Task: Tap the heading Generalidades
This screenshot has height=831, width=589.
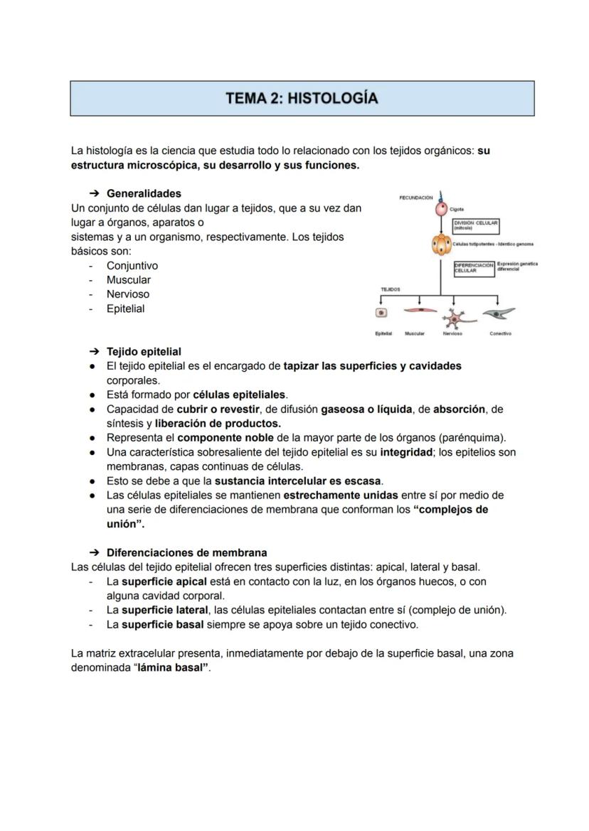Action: point(144,193)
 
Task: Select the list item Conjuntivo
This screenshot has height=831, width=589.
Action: point(132,266)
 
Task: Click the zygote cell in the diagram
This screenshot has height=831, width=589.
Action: point(441,210)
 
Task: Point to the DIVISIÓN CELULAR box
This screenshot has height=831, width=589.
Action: point(475,225)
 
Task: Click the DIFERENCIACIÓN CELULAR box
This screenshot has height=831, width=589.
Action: point(474,268)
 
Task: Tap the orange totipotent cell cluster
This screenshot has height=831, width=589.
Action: point(441,245)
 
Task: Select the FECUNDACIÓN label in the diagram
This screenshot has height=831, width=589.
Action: point(416,198)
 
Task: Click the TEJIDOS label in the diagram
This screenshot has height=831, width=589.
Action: point(391,289)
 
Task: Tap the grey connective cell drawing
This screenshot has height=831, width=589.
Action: point(499,313)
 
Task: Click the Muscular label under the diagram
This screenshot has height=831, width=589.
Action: point(415,333)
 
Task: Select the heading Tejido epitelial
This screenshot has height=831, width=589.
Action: point(144,351)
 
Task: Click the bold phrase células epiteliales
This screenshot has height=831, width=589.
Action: point(240,395)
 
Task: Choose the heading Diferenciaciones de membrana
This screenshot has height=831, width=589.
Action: point(187,552)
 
